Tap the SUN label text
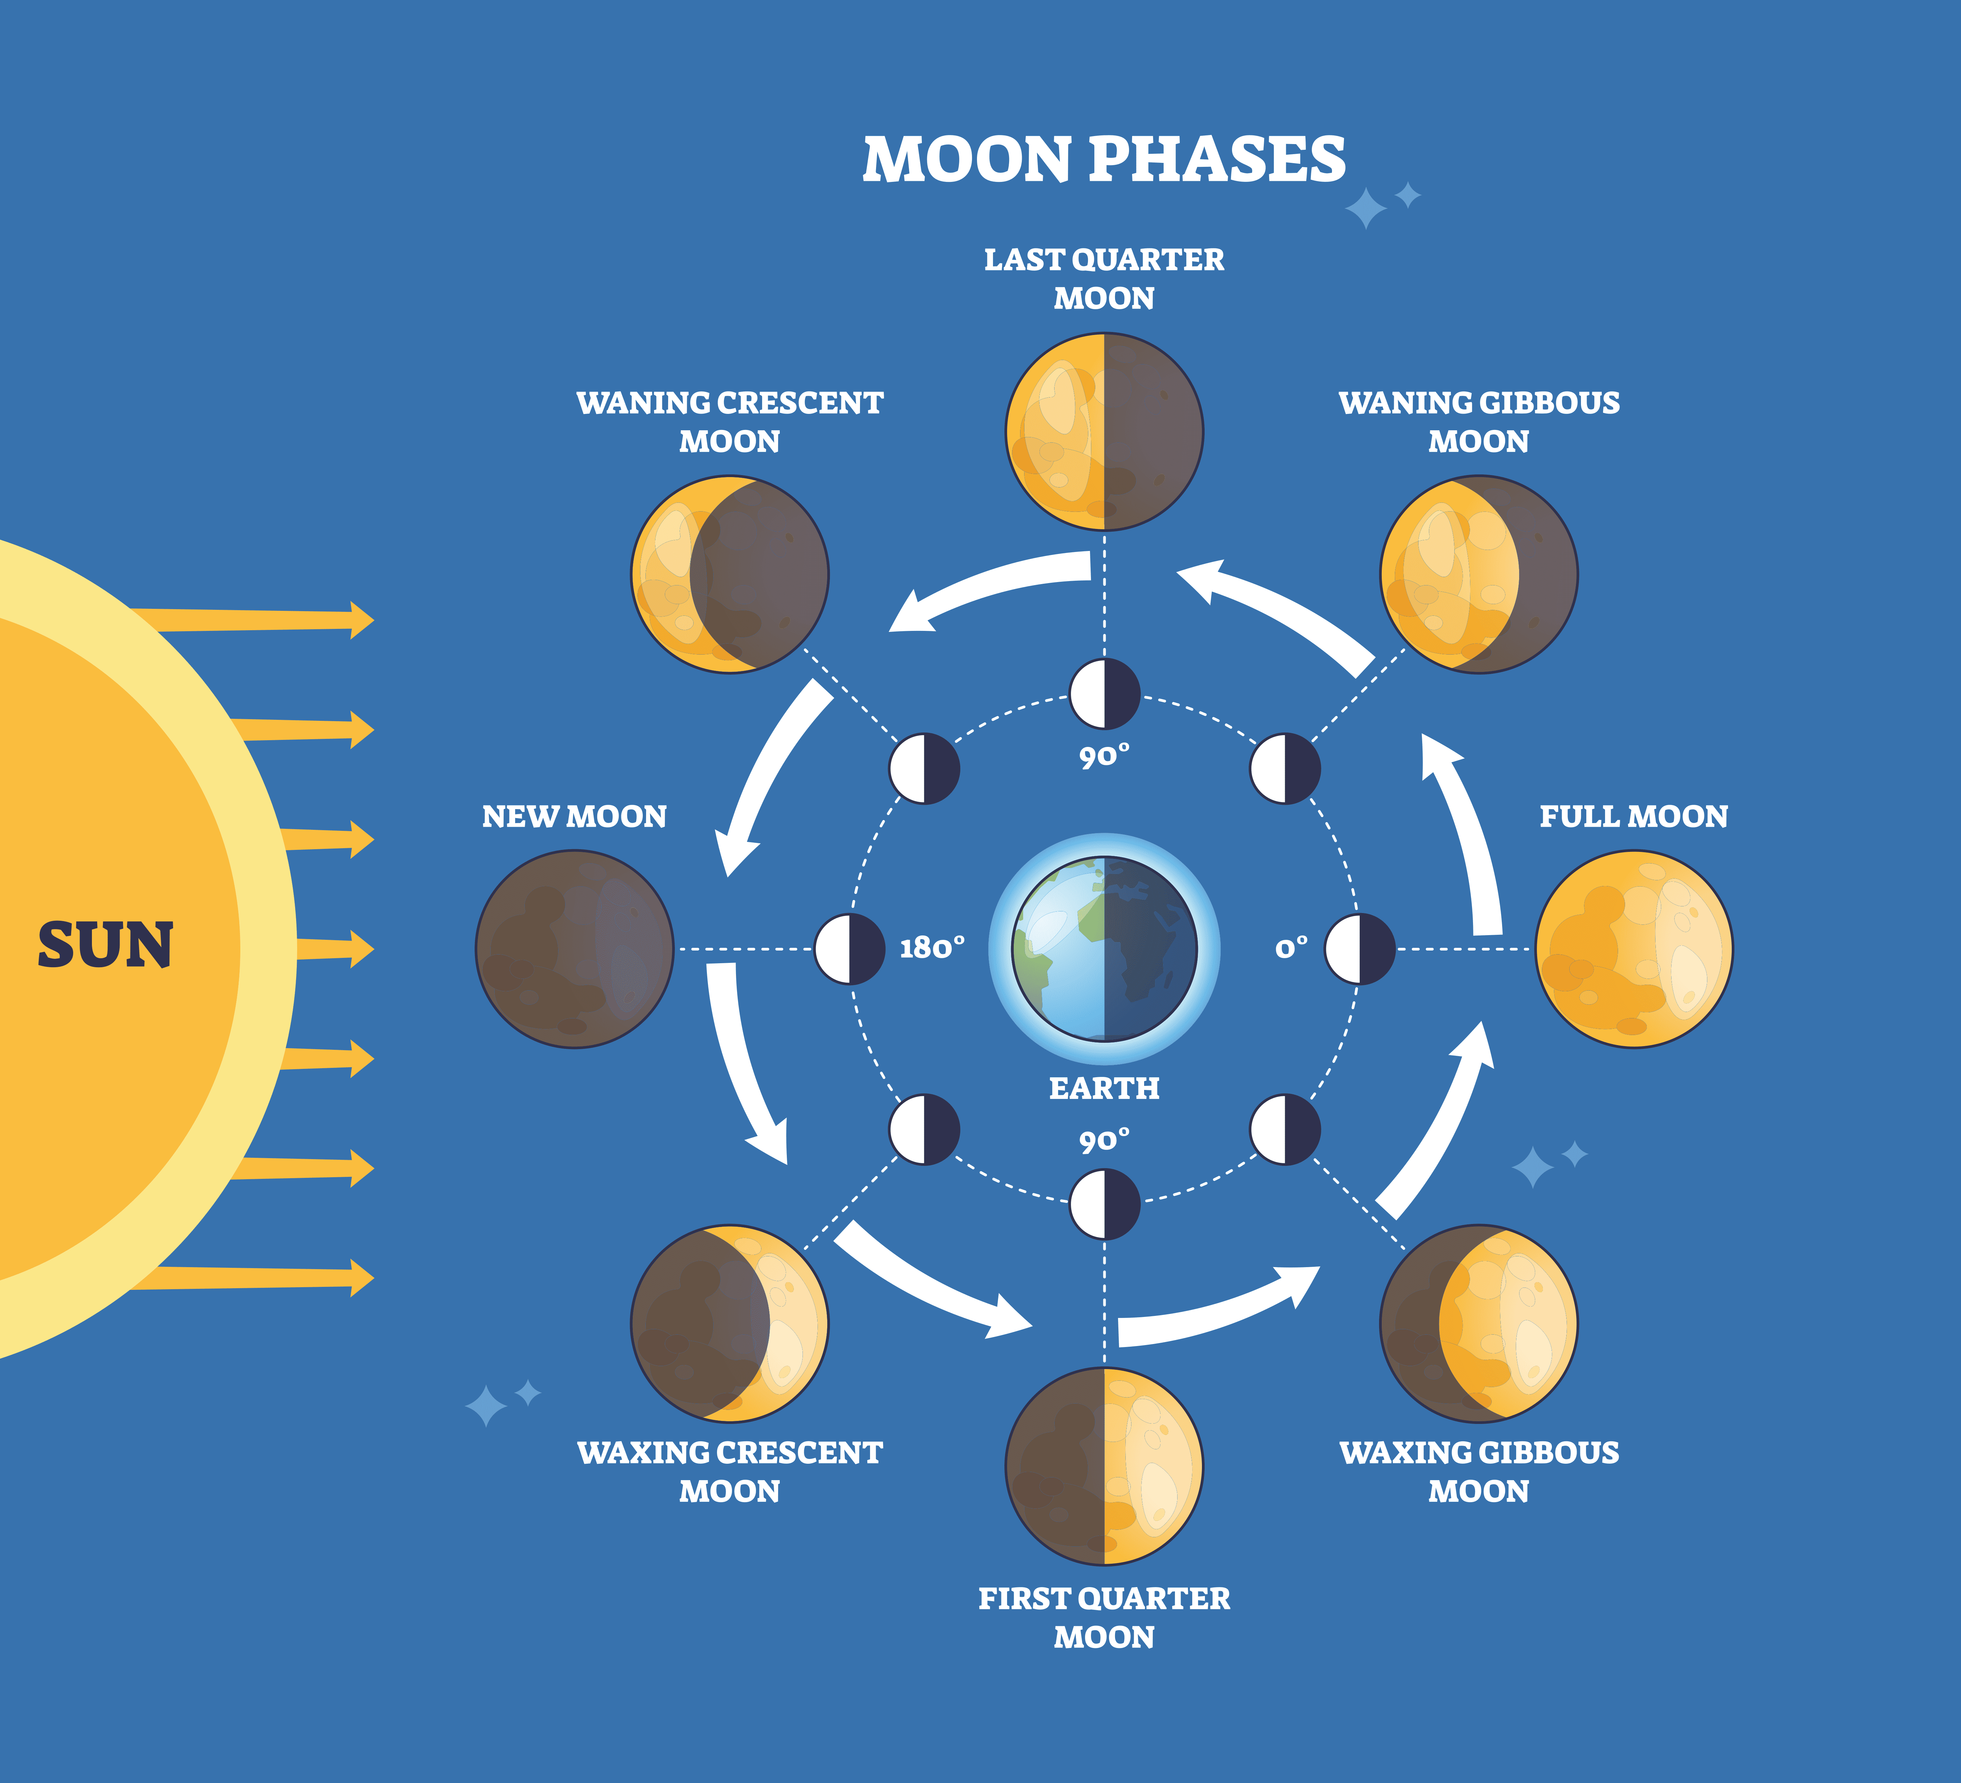(x=105, y=945)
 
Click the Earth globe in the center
(x=1104, y=949)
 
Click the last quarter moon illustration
(x=1104, y=431)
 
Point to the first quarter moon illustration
(x=1104, y=1466)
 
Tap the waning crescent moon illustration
(x=730, y=574)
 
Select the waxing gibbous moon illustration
(x=1479, y=1323)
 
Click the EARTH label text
(x=1104, y=1088)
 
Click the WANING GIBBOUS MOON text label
(x=1479, y=421)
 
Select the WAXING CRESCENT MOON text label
(x=730, y=1471)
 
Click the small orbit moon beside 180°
(x=849, y=949)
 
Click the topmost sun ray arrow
(x=253, y=620)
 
